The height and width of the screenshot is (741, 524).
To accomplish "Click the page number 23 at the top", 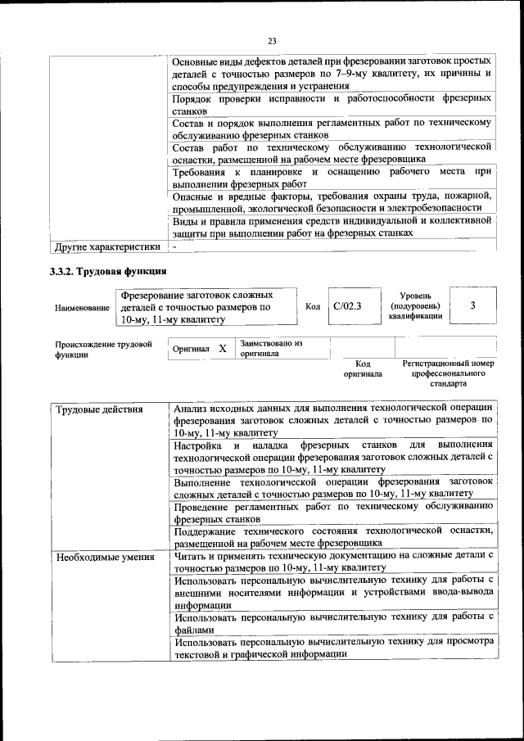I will point(272,38).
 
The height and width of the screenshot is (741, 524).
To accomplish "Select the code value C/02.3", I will point(347,305).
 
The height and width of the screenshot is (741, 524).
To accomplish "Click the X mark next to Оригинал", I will point(223,349).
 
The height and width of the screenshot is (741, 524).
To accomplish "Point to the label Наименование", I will point(82,308).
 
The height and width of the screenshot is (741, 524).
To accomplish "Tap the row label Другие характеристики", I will point(106,246).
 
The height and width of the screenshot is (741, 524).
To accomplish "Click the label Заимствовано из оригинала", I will point(271,349).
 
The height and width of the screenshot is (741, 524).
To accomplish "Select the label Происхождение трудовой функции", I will point(104,350).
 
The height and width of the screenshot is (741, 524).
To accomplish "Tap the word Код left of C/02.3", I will point(312,305).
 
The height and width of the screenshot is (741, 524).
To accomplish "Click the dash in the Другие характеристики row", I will point(174,246).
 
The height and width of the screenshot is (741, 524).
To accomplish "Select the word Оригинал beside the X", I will point(191,350).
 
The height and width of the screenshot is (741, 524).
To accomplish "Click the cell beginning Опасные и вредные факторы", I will point(332,202).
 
